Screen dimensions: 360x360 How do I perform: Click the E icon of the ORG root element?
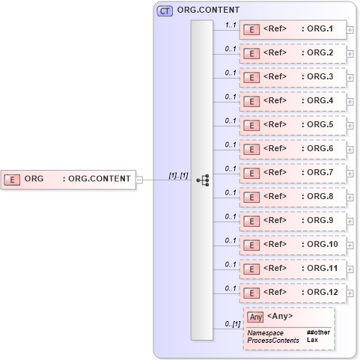12,179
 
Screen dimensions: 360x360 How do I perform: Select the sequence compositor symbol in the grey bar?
202,180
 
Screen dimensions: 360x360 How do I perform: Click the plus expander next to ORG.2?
350,55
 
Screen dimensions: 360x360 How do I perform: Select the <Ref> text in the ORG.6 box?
275,149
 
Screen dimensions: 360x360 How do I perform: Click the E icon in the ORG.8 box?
253,197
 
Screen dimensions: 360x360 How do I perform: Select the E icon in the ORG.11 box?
253,269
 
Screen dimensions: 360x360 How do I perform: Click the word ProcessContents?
273,340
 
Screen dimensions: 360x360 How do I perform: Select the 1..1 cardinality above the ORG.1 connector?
231,25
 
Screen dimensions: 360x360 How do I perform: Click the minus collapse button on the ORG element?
139,179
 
